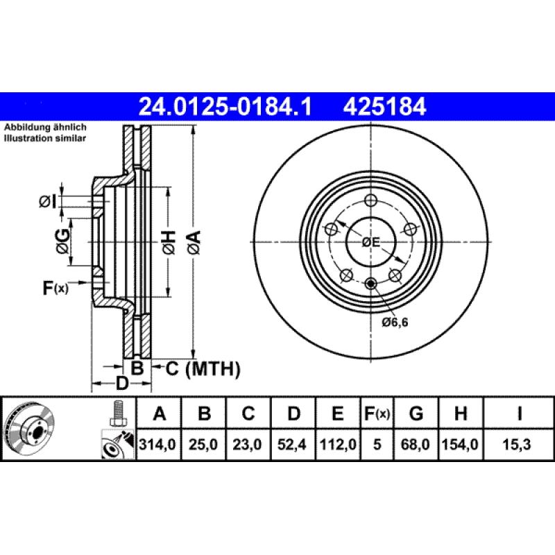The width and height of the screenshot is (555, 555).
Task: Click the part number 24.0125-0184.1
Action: click(226, 107)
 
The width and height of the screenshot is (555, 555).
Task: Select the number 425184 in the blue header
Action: click(382, 107)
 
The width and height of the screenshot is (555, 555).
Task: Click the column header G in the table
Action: click(416, 414)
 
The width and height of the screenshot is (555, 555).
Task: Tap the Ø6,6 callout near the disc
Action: click(395, 322)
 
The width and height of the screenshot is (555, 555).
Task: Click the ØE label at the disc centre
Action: click(371, 242)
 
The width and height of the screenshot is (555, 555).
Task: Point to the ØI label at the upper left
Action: click(46, 201)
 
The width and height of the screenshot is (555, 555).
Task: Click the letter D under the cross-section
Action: click(122, 384)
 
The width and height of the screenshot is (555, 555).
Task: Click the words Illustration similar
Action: click(45, 139)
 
